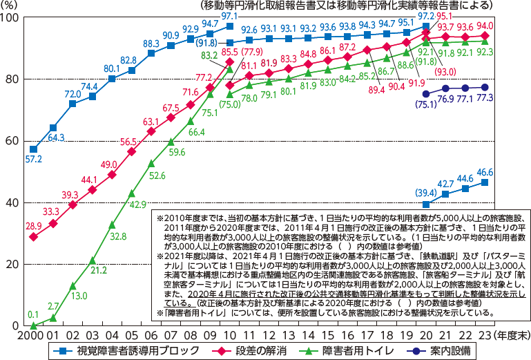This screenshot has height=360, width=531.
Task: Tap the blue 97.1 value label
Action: [229, 15]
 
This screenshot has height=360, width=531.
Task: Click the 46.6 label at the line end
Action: [485, 171]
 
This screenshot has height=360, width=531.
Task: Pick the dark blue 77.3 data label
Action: [485, 99]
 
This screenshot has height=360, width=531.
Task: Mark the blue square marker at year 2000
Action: [33, 149]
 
